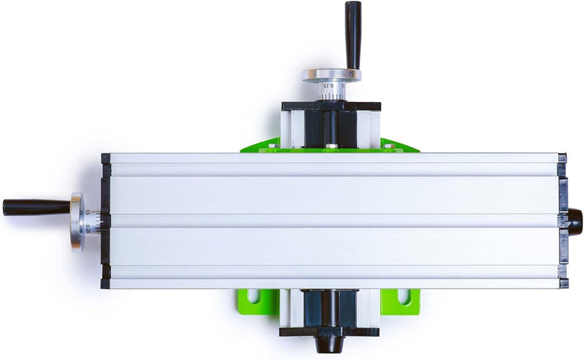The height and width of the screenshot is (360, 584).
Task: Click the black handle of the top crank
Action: (353, 32)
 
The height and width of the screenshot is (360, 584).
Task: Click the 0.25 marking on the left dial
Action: (88, 229)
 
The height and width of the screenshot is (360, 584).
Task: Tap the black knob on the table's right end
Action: (574, 218)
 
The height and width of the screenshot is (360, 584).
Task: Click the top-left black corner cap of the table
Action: (105, 158)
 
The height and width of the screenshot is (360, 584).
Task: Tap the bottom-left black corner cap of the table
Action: (105, 284)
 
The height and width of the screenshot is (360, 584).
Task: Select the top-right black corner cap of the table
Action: (562, 157)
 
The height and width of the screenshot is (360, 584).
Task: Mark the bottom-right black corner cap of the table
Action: (562, 283)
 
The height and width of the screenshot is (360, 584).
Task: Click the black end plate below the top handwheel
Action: (331, 105)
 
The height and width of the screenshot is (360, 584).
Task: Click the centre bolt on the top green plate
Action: (330, 148)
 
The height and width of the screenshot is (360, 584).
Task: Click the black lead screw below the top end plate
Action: (331, 126)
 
